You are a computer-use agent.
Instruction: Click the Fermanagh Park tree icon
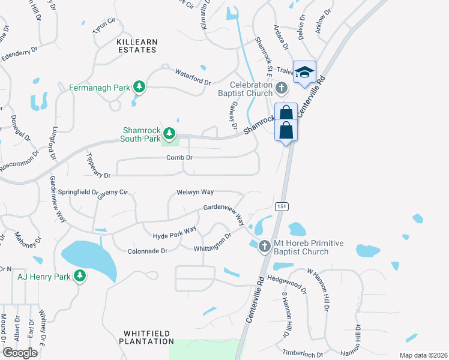pos(139,88)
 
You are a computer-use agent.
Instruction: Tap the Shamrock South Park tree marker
pos(170,133)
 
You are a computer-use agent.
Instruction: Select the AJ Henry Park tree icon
pos(79,276)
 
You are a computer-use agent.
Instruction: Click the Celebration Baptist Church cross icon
pos(280,89)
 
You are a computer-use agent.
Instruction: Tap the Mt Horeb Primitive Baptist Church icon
pos(264,247)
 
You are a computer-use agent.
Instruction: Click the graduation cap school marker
pos(304,72)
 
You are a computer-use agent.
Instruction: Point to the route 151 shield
pos(281,206)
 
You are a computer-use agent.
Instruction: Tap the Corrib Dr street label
pos(179,158)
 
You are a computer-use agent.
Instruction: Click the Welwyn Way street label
pos(195,192)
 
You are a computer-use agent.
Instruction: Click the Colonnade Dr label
pos(147,251)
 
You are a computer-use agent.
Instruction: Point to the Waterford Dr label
pos(193,77)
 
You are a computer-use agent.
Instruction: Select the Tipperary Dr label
pos(98,165)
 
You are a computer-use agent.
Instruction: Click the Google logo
pos(20,353)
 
